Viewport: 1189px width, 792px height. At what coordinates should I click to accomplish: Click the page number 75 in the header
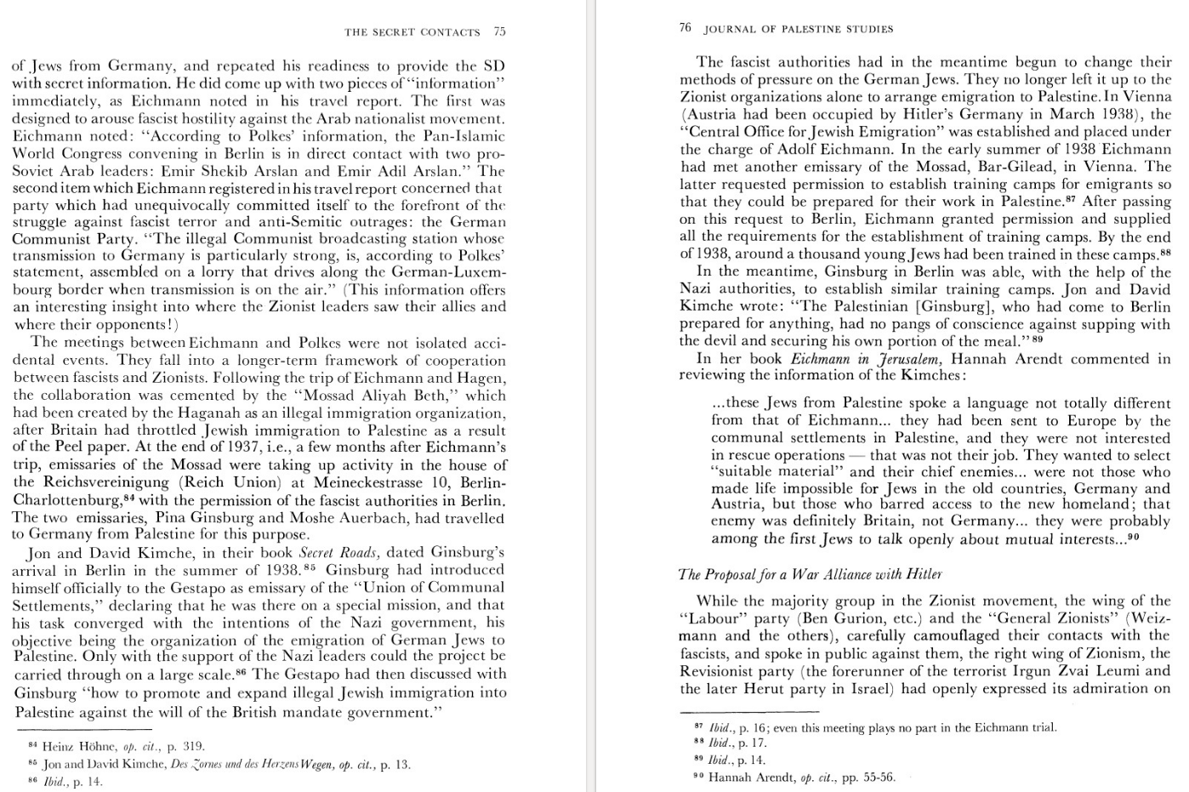pos(499,32)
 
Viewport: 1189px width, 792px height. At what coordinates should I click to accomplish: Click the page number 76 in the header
pos(686,28)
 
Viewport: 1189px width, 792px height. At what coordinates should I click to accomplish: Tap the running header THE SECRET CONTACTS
pos(412,32)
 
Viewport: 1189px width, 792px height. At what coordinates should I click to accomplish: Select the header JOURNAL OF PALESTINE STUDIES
pos(799,29)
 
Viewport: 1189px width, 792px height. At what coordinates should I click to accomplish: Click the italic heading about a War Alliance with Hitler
pos(811,574)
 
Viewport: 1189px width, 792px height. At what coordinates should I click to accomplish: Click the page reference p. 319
pos(186,746)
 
